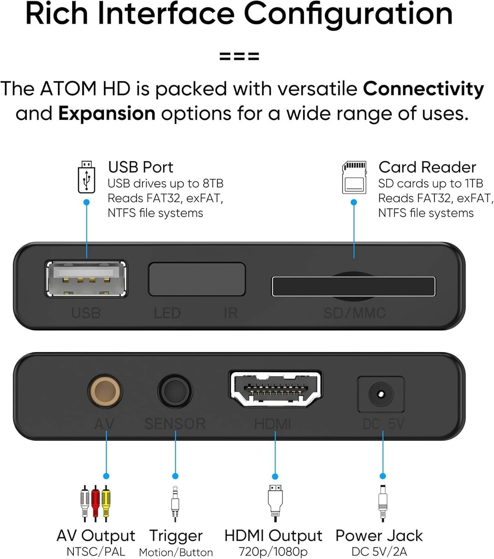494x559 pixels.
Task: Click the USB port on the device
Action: (x=86, y=279)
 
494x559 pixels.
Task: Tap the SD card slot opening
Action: (x=353, y=287)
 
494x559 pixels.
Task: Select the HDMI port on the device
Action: (x=275, y=389)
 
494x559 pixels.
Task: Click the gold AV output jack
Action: (x=105, y=391)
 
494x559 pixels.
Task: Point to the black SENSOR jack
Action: (x=175, y=391)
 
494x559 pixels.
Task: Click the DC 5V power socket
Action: (x=381, y=394)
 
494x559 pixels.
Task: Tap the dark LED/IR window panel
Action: (x=197, y=279)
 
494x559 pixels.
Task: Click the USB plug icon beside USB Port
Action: (x=86, y=177)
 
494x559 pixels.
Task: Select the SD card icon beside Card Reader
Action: (x=354, y=177)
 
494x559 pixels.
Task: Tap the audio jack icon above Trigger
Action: (x=175, y=503)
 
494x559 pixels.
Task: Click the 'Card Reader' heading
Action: (x=427, y=167)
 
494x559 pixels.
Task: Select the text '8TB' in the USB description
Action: (x=213, y=183)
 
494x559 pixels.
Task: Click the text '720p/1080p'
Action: (x=273, y=551)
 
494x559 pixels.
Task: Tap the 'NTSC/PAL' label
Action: (x=96, y=551)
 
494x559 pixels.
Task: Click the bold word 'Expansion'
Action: (x=107, y=113)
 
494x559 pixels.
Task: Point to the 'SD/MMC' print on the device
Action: (x=354, y=313)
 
